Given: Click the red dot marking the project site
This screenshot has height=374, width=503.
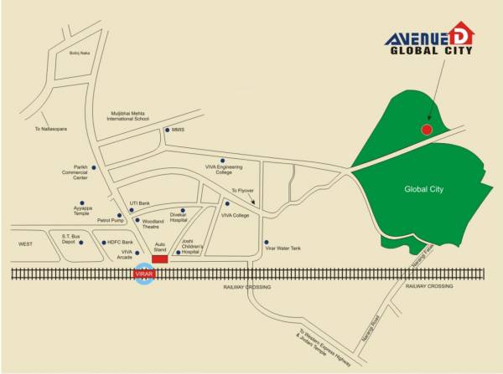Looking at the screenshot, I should coord(427,130).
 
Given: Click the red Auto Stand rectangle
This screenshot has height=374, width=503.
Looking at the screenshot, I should coord(159,259).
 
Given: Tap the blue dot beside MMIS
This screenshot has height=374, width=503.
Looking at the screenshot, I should coord(167,130).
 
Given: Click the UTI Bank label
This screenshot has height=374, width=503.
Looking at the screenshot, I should coord(139,203).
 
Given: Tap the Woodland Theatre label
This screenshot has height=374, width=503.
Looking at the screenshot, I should coord(152,224).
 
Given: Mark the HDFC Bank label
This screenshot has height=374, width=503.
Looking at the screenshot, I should coord(117,243).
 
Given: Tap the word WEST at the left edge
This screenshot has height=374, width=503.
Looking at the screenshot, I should coord(26,243).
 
